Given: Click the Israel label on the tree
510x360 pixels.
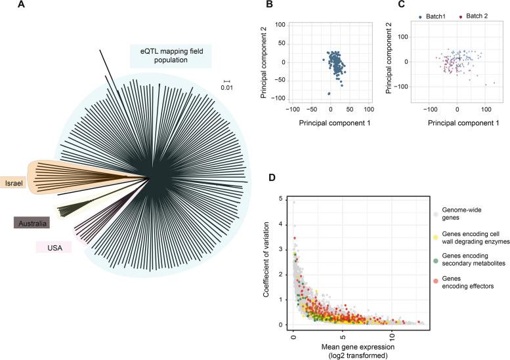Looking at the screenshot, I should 13,182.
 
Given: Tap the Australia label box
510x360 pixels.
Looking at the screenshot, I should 32,224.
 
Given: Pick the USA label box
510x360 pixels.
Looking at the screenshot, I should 54,247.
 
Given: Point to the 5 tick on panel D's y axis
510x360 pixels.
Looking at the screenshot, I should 282,199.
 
